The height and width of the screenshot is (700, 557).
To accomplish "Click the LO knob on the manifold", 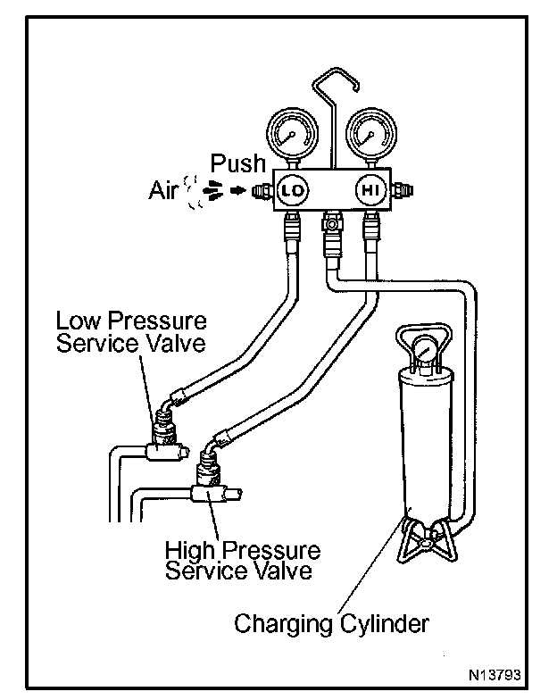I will coord(290,190).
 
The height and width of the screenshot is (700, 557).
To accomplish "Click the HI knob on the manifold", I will coord(368,190).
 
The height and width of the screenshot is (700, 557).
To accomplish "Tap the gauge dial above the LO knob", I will coord(289,135).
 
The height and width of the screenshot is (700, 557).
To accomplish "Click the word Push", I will coord(237,163).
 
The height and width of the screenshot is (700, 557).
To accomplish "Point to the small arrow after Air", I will coord(237,190).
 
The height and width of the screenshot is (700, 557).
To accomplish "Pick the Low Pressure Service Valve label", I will coord(131,331).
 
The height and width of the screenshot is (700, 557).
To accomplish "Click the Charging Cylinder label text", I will coord(331,622).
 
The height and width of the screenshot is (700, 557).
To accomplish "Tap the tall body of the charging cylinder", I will coord(423,437).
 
